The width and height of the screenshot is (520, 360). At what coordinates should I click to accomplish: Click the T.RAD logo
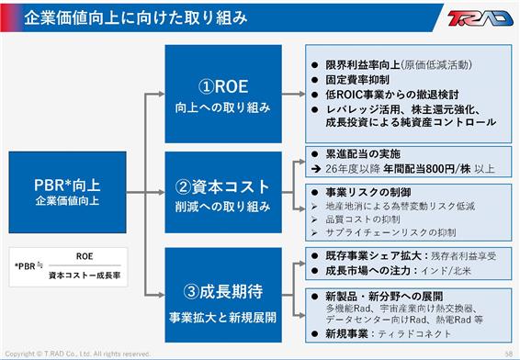coord(480,17)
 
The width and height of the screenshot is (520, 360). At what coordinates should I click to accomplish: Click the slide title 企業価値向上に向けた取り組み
coord(136,17)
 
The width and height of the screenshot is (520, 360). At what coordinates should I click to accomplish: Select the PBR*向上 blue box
coord(67,192)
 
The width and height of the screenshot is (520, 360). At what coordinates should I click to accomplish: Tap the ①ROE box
coord(223,94)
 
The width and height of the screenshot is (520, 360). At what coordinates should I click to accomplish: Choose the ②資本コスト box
coord(223,192)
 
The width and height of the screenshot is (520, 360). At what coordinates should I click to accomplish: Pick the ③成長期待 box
coord(223,295)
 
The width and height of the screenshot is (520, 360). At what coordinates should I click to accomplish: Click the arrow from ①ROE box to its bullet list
coord(293,95)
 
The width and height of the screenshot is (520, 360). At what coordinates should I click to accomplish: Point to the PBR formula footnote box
coord(68,267)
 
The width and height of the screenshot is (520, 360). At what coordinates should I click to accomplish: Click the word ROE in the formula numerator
coord(85,256)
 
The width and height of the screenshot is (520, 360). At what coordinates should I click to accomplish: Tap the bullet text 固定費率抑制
coord(357,80)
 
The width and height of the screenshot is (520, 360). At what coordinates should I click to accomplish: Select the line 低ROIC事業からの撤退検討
coord(392,95)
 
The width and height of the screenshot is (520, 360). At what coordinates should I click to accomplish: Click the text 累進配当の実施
coord(363,153)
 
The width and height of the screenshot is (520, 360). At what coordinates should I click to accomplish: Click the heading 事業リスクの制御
coord(368,192)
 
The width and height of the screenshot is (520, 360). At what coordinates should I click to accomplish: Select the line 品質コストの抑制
coord(363,219)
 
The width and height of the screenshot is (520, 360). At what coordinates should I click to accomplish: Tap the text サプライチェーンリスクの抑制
coord(390,232)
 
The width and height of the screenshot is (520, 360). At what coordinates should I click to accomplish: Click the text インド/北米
coord(446,271)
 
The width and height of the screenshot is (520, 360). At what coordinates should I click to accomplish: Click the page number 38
coord(509,354)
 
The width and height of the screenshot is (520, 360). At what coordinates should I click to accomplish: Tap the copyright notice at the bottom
coord(77,354)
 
